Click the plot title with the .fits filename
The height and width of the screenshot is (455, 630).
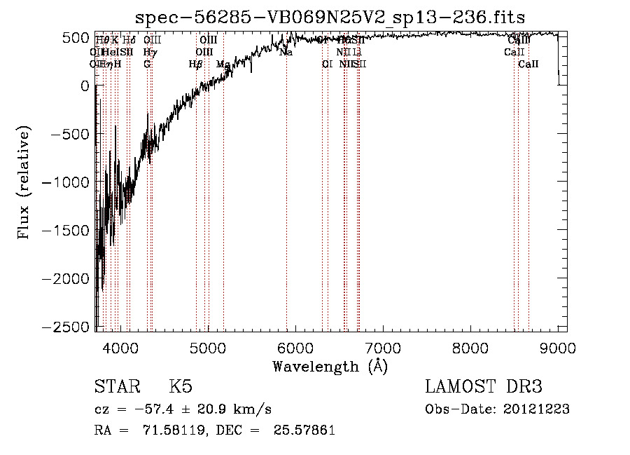pos(330,17)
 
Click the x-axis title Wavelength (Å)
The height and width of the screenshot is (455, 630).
pos(330,366)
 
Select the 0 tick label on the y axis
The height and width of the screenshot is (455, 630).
pos(85,86)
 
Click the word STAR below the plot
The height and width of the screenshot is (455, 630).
pos(116,388)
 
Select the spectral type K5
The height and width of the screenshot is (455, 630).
pos(181,388)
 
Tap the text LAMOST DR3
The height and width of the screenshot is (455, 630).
pos(484,387)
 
